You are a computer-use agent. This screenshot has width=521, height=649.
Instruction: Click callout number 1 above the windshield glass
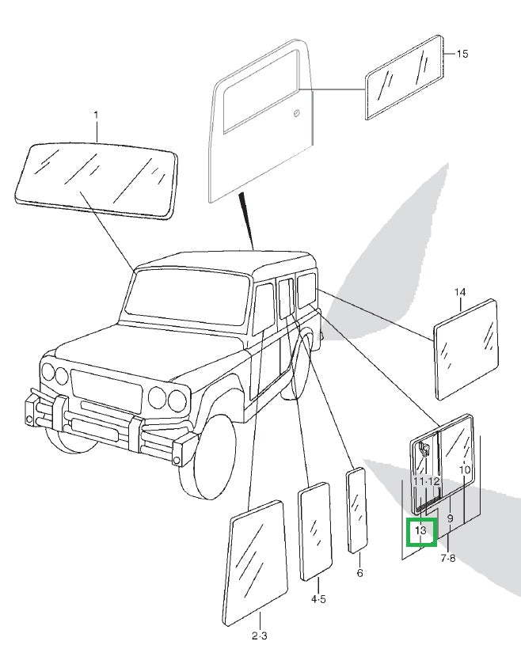pyautogui.click(x=97, y=115)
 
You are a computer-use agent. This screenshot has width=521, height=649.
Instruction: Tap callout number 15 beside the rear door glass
pyautogui.click(x=462, y=54)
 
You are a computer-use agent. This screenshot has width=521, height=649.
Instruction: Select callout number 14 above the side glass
pyautogui.click(x=460, y=292)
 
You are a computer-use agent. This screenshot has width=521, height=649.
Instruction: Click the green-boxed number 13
pyautogui.click(x=420, y=530)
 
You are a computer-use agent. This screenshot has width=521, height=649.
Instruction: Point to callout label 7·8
pyautogui.click(x=447, y=558)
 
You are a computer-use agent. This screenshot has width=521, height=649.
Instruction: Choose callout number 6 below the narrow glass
pyautogui.click(x=359, y=573)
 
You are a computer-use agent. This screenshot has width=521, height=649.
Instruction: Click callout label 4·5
pyautogui.click(x=318, y=599)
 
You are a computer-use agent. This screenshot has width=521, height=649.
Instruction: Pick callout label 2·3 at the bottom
pyautogui.click(x=259, y=636)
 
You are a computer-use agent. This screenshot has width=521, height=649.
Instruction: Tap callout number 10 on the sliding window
pyautogui.click(x=465, y=470)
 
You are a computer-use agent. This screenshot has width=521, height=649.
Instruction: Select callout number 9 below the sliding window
pyautogui.click(x=451, y=518)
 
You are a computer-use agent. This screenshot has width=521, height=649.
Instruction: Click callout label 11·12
pyautogui.click(x=426, y=481)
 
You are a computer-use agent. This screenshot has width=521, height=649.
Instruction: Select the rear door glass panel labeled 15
pyautogui.click(x=405, y=78)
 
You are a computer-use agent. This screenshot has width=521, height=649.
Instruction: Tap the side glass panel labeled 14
pyautogui.click(x=466, y=349)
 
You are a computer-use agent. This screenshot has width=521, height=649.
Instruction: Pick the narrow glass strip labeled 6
pyautogui.click(x=356, y=510)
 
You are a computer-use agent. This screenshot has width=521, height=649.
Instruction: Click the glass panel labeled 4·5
pyautogui.click(x=315, y=532)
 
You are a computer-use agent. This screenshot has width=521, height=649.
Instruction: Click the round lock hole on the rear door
pyautogui.click(x=296, y=113)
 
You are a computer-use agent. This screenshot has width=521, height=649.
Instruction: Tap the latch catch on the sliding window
pyautogui.click(x=424, y=449)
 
